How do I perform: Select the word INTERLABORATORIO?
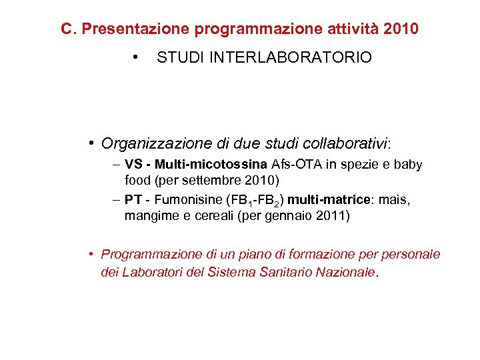click(x=291, y=58)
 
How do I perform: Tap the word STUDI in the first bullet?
click(x=181, y=58)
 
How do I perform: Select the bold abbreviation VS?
click(x=133, y=165)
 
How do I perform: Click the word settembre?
click(x=200, y=180)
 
